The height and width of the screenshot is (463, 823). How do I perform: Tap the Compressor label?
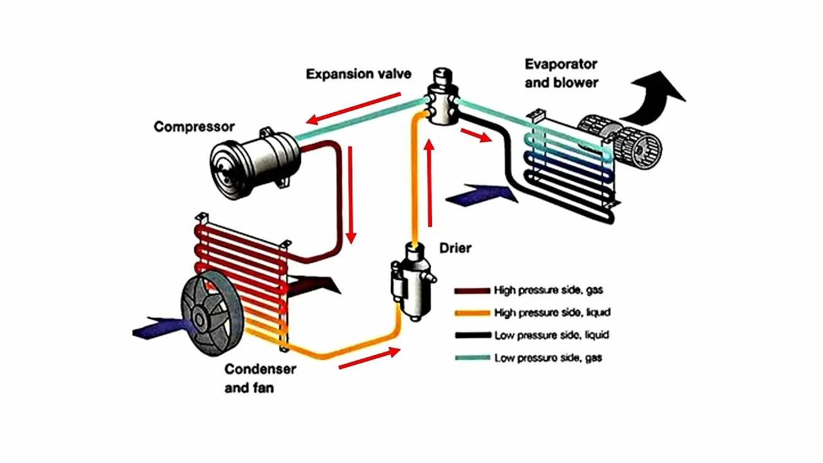point(194,127)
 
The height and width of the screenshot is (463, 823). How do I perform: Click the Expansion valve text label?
point(358,74)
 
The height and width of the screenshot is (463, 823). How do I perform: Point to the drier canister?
point(411,280)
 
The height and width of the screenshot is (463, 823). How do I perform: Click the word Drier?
point(455,248)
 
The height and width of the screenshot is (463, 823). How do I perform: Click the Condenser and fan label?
point(260,378)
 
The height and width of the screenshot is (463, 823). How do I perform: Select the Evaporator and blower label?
point(561,73)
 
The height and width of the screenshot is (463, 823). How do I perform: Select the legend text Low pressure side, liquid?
point(551,335)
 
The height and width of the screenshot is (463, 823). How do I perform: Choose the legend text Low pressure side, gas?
point(548,358)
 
